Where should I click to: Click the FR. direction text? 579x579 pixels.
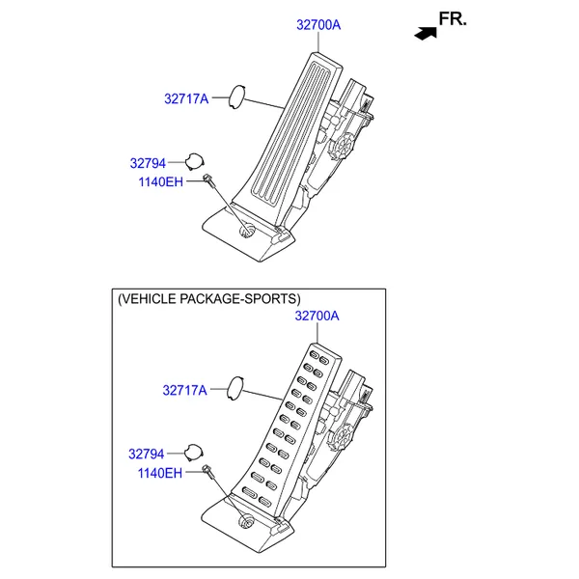pyautogui.click(x=452, y=18)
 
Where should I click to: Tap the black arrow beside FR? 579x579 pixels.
pyautogui.click(x=423, y=33)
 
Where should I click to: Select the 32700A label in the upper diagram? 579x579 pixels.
pyautogui.click(x=317, y=26)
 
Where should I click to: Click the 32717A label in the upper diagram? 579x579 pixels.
pyautogui.click(x=186, y=97)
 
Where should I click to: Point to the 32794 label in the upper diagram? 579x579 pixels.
pyautogui.click(x=148, y=163)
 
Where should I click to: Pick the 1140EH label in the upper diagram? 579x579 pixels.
pyautogui.click(x=159, y=180)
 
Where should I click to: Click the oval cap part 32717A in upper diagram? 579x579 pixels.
pyautogui.click(x=235, y=96)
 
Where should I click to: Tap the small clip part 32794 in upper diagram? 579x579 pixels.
pyautogui.click(x=193, y=161)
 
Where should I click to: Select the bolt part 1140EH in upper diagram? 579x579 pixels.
pyautogui.click(x=208, y=179)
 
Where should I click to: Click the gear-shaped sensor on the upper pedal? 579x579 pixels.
pyautogui.click(x=341, y=148)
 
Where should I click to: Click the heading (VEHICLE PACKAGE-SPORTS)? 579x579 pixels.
pyautogui.click(x=208, y=299)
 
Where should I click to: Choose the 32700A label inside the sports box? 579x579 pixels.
pyautogui.click(x=317, y=316)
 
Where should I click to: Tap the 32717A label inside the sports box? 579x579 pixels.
pyautogui.click(x=185, y=391)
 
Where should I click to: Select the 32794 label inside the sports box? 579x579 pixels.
pyautogui.click(x=147, y=453)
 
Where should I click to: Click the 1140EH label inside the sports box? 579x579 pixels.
pyautogui.click(x=159, y=473)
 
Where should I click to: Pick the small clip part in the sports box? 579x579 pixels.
pyautogui.click(x=193, y=452)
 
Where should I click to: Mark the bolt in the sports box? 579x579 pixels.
pyautogui.click(x=208, y=471)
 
